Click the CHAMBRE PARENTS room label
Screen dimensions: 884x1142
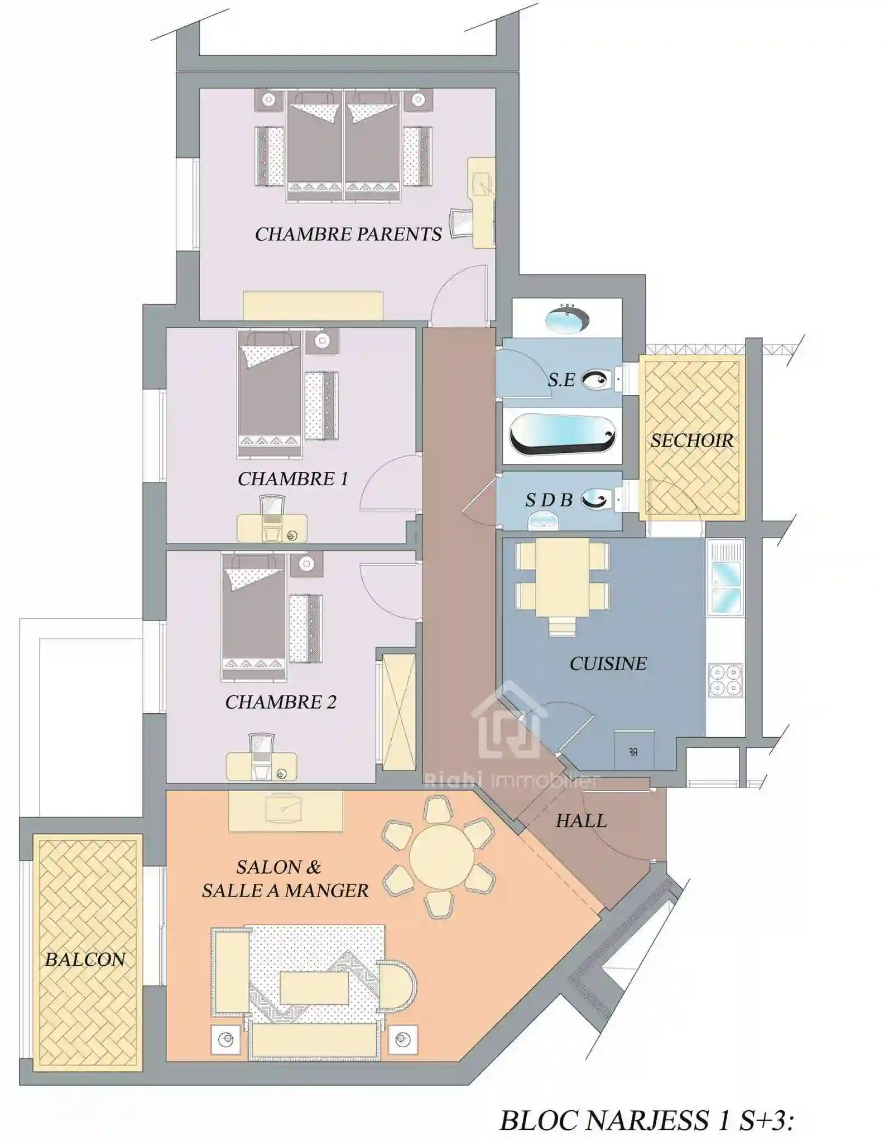348,234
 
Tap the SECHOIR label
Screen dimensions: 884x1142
692,441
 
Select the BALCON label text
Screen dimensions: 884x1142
85,960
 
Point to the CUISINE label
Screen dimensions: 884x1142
608,664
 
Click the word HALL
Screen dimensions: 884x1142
581,821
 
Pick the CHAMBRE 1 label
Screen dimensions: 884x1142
293,479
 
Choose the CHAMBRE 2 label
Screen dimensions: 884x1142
281,702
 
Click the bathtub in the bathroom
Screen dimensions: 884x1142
562,435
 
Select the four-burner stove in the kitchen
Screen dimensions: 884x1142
726,680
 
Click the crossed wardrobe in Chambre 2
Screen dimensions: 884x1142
398,712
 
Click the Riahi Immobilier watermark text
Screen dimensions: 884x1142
512,780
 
